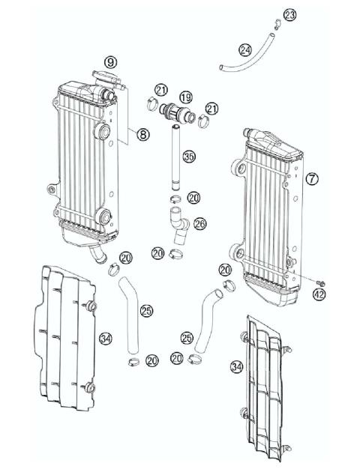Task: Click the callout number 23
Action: (x=290, y=15)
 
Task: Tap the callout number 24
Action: (x=245, y=49)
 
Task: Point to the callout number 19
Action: (x=185, y=97)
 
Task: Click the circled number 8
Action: (x=142, y=136)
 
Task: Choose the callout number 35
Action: (x=190, y=157)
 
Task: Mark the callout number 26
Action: (x=199, y=223)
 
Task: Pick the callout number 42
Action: (x=320, y=294)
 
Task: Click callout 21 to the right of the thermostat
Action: (x=212, y=109)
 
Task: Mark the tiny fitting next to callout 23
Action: (x=277, y=22)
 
